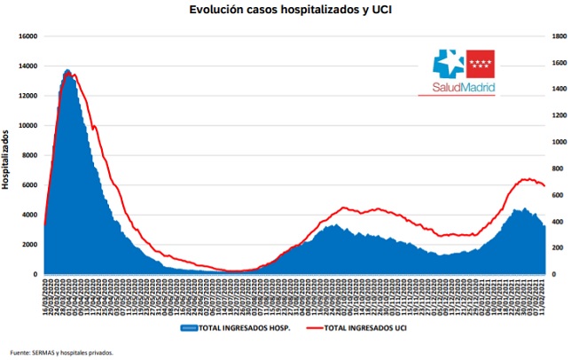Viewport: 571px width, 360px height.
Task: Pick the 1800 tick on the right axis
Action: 559,36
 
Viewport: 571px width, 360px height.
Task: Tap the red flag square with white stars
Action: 481,64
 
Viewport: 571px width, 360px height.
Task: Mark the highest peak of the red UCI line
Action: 73,74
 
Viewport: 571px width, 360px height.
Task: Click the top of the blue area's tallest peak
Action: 67,70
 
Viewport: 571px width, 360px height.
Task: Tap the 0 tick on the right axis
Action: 554,274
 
